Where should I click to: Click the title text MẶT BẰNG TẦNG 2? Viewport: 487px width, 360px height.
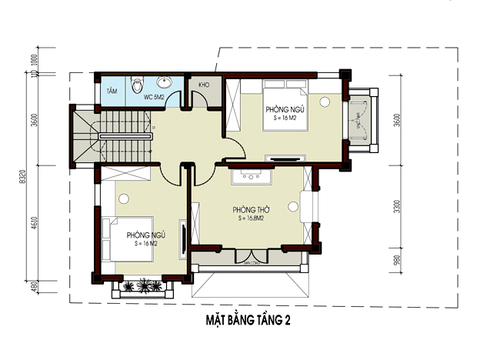(x=242, y=318)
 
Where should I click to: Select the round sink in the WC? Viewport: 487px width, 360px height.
(x=164, y=83)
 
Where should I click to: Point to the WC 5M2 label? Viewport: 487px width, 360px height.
(x=155, y=98)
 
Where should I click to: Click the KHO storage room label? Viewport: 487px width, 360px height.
(x=205, y=85)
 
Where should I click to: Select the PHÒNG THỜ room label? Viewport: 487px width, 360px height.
(x=249, y=209)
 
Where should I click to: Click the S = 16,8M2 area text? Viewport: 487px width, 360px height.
(x=252, y=218)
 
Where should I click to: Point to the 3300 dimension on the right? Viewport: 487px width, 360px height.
(x=397, y=207)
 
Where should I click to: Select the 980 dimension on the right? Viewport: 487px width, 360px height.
(x=397, y=262)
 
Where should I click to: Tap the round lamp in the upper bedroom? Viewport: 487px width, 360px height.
(x=325, y=101)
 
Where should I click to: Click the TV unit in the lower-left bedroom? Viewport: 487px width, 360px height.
(x=182, y=238)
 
